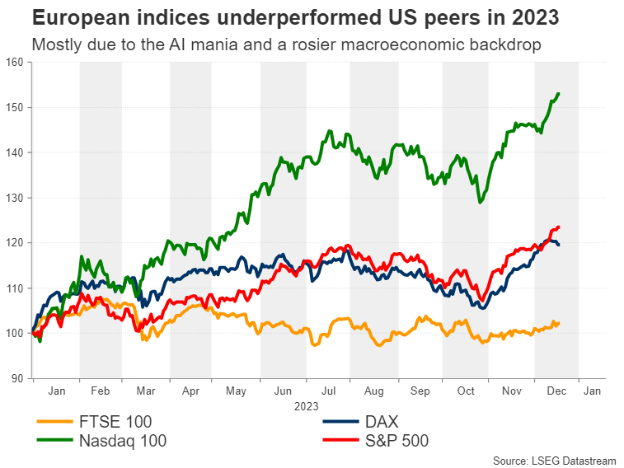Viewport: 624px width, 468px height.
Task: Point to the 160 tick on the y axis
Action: [16, 62]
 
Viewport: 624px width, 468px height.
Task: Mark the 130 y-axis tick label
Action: [16, 198]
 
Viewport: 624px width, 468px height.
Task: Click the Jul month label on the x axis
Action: [328, 393]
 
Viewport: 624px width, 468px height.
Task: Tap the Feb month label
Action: [100, 393]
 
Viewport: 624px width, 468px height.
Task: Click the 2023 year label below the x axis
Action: [305, 407]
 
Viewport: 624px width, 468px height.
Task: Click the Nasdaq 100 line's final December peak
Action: [559, 94]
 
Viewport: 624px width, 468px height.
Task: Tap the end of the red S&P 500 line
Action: [559, 227]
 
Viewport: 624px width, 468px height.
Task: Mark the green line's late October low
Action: [480, 202]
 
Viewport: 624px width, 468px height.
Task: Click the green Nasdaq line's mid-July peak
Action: [330, 131]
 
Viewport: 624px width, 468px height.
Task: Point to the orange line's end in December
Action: [559, 322]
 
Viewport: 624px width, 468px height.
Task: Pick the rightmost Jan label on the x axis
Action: [592, 393]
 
